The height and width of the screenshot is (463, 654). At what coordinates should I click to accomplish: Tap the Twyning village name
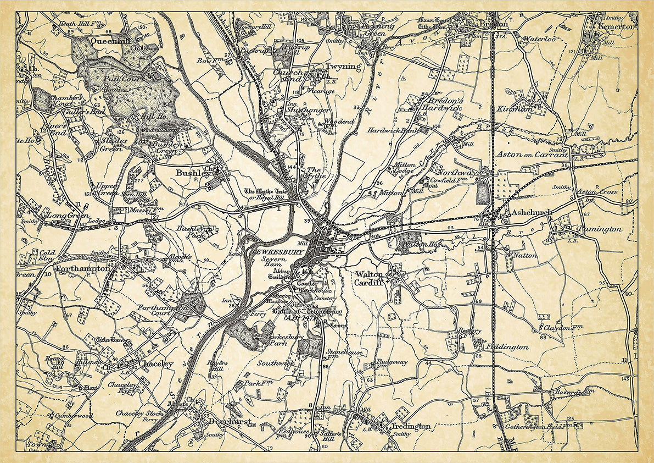click(x=344, y=67)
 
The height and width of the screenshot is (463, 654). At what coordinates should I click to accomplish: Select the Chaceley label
click(x=156, y=364)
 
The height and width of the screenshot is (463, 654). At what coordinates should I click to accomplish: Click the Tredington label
click(x=411, y=426)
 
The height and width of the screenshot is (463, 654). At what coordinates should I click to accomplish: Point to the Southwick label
click(x=276, y=363)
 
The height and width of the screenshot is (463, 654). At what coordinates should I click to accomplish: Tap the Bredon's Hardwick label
click(x=442, y=104)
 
